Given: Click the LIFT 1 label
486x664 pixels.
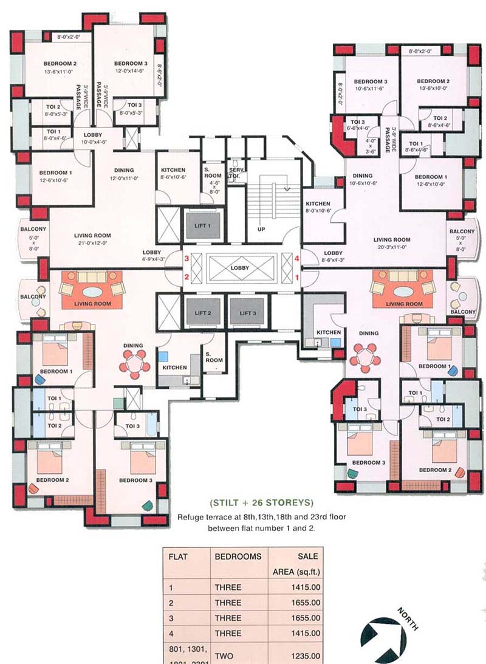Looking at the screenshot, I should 203,225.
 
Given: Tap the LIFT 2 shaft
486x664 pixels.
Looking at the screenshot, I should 203,313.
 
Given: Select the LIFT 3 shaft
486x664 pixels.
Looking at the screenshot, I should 245,313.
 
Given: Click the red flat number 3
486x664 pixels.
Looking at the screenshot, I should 188,259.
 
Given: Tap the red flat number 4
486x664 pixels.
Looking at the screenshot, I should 297,259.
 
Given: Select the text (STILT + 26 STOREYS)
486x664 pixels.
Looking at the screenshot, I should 261,502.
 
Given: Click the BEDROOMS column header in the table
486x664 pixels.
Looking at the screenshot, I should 238,556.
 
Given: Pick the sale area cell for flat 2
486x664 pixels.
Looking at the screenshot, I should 304,603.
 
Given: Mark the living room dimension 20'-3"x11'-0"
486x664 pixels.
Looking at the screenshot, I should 392,247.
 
